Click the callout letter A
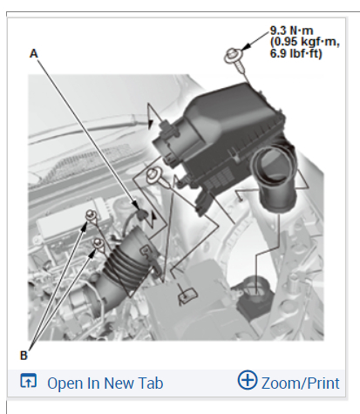pyautogui.click(x=34, y=54)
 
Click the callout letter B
pyautogui.click(x=24, y=356)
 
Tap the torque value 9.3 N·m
pyautogui.click(x=292, y=31)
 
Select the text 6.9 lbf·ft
pyautogui.click(x=296, y=53)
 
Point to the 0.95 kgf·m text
pyautogui.click(x=305, y=42)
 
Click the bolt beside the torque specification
pyautogui.click(x=235, y=59)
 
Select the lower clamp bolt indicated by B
pyautogui.click(x=98, y=243)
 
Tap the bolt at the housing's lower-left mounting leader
pyautogui.click(x=157, y=177)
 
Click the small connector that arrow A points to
pyautogui.click(x=142, y=214)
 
